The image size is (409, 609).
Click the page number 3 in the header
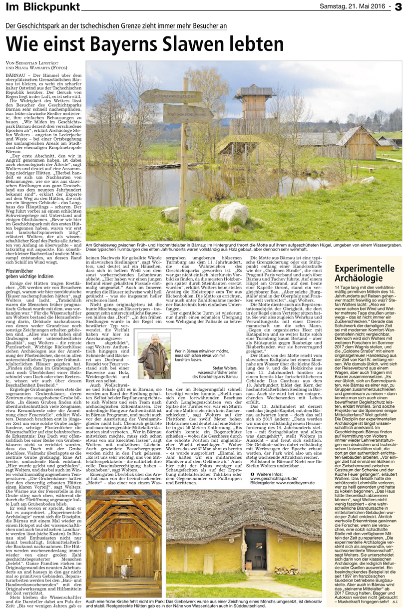pyautogui.click(x=398, y=6)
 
